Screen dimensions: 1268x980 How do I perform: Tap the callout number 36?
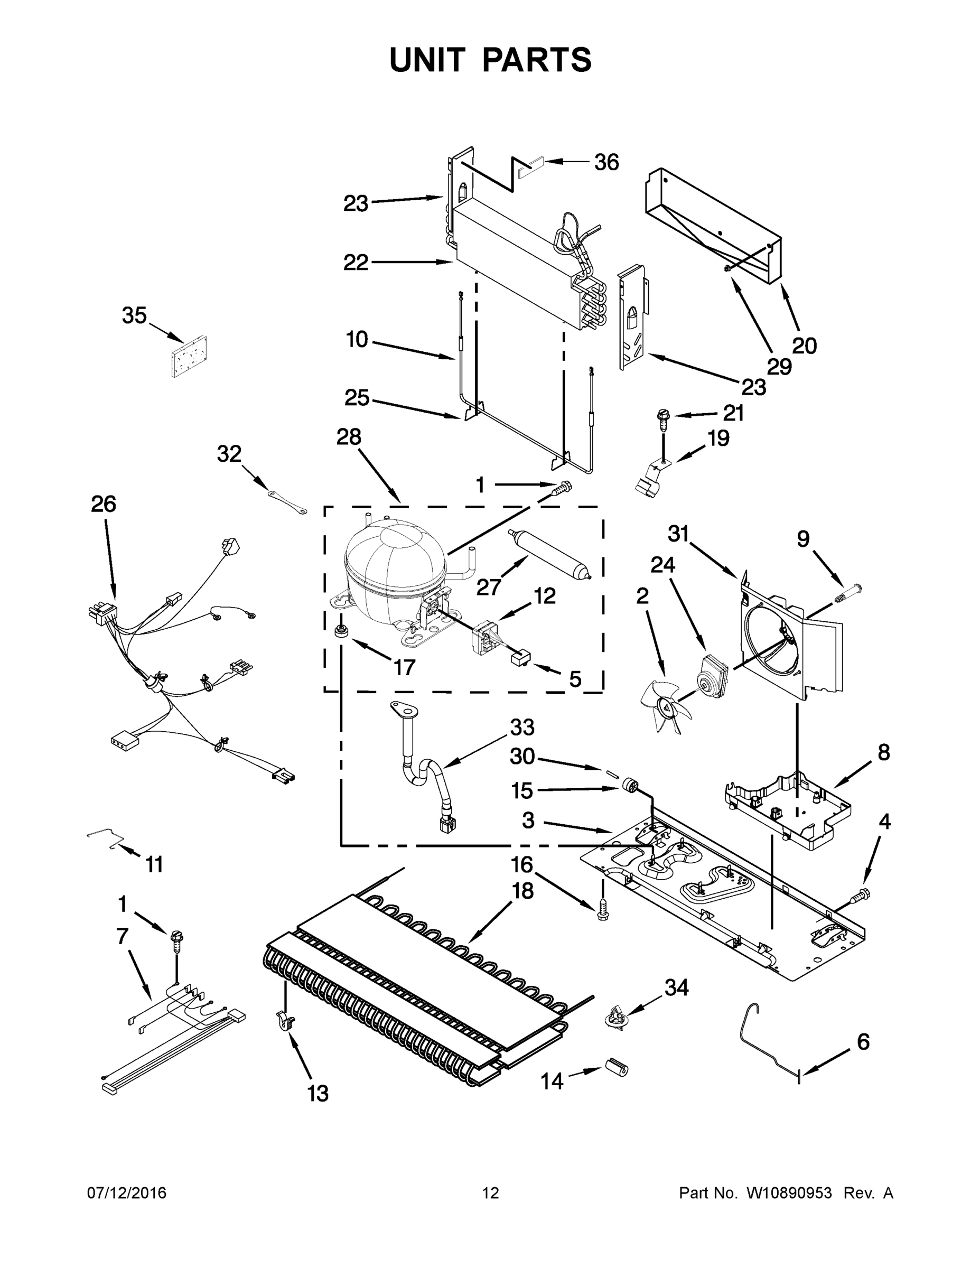(606, 163)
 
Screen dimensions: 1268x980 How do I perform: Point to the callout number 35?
(134, 316)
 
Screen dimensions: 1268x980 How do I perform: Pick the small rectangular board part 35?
(189, 356)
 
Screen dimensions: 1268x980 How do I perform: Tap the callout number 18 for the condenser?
(522, 891)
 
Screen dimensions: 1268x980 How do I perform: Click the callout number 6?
(863, 1042)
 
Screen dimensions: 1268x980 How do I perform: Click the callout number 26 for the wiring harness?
(104, 504)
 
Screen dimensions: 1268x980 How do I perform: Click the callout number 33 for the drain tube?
(522, 727)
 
